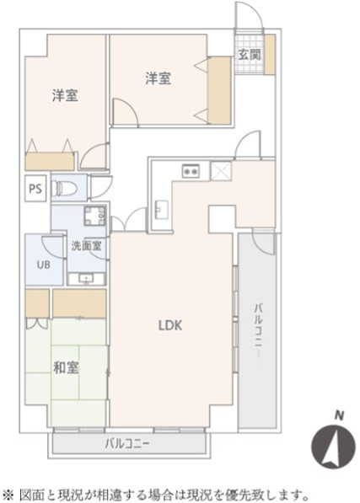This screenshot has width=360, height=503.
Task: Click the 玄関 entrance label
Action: click(x=249, y=55)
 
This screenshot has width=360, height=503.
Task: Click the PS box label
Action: click(x=35, y=189)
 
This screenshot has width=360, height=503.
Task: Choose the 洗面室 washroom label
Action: click(x=85, y=247)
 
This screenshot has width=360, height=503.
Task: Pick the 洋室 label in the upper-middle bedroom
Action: click(x=158, y=78)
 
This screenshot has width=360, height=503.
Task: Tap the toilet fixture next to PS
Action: click(x=66, y=188)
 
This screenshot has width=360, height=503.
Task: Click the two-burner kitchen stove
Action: click(x=189, y=171)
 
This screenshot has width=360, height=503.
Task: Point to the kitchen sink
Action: click(x=160, y=206)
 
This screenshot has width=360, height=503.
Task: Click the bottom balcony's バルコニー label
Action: click(x=126, y=442)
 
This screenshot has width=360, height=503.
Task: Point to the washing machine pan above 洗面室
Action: click(x=94, y=217)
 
